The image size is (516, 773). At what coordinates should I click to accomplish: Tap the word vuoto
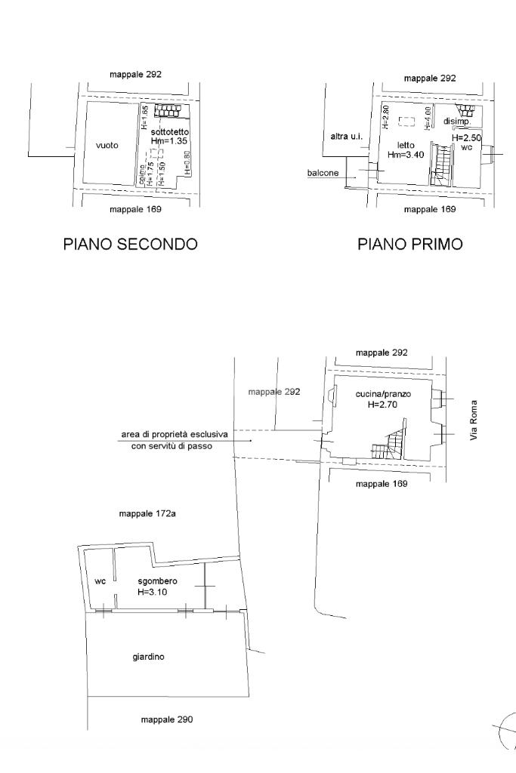[x=107, y=146]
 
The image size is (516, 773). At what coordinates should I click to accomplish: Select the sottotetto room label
[x=170, y=131]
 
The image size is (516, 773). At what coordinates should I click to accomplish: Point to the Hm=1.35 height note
[x=170, y=140]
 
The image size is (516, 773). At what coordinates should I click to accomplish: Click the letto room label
[x=406, y=145]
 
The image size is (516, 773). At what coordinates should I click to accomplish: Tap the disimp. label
[x=457, y=121]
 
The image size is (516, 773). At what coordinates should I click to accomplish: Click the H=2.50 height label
[x=467, y=138]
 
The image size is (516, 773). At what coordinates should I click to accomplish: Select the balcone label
[x=323, y=173]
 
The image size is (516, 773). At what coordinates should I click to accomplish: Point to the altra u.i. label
[x=347, y=137]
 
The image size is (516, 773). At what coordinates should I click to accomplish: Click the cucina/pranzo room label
[x=383, y=394]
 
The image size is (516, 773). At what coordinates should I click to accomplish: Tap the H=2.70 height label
[x=383, y=404]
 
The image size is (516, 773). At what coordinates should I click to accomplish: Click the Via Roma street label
[x=474, y=420]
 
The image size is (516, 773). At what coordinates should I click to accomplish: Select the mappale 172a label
[x=148, y=513]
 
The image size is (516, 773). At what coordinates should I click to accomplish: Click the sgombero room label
[x=157, y=581]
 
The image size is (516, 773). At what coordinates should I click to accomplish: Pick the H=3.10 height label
[x=153, y=593]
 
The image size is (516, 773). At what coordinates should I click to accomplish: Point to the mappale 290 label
[x=167, y=719]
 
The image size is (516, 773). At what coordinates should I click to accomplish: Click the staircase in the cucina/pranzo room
[x=390, y=445]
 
